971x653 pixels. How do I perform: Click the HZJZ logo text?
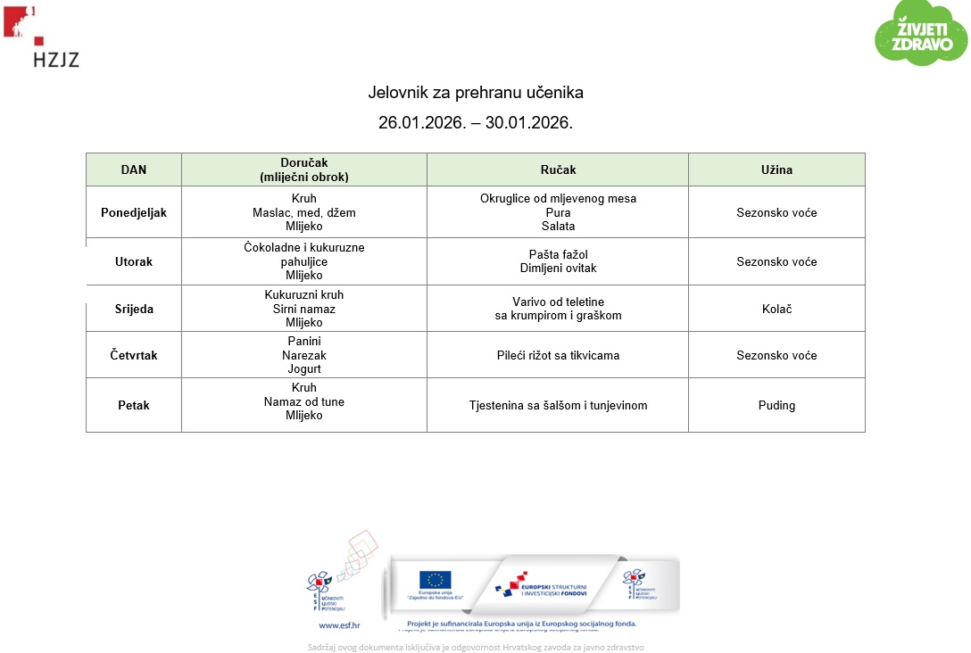[x=56, y=60]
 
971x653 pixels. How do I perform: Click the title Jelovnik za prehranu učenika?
[x=476, y=93]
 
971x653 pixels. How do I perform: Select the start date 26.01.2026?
[x=422, y=123]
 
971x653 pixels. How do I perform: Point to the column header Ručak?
[x=558, y=169]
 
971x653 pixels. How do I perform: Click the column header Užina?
[x=776, y=169]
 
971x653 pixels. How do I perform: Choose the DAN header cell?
[x=134, y=169]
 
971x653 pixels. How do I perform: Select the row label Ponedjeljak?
[x=134, y=212]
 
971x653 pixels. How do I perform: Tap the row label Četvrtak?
[x=134, y=355]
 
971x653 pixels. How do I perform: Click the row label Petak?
[x=134, y=405]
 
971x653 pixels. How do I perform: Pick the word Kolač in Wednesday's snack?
[x=776, y=309]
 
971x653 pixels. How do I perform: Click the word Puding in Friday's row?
[x=776, y=405]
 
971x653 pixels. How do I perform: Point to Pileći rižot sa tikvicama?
[x=558, y=355]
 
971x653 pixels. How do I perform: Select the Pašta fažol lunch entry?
[x=558, y=255]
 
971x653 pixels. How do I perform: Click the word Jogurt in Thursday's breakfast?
[x=303, y=368]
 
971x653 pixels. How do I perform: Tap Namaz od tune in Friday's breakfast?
[x=303, y=401]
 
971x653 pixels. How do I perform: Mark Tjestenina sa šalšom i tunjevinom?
[x=558, y=405]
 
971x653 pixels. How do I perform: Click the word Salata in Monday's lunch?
[x=558, y=227]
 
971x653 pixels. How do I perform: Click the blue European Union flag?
[x=436, y=580]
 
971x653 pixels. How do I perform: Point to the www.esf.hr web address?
[x=332, y=625]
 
